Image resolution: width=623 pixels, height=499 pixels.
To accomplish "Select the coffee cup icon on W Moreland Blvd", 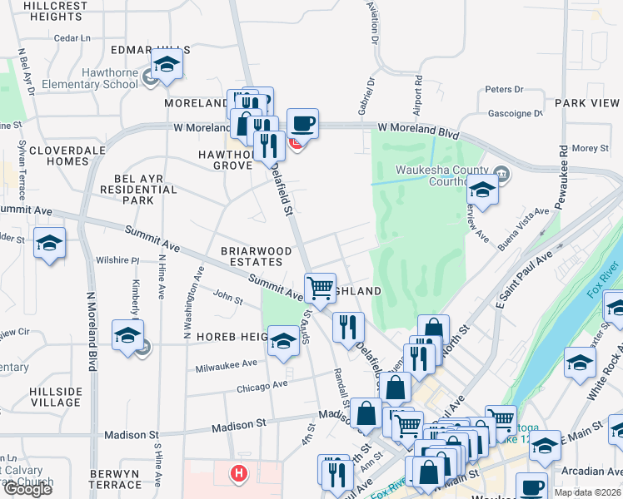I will click(x=302, y=125).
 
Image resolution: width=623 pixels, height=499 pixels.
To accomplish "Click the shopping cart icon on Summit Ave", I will click(x=320, y=289).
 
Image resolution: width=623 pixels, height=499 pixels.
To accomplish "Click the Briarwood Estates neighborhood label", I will click(x=256, y=256).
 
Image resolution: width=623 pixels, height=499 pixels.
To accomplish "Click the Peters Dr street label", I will click(x=503, y=89).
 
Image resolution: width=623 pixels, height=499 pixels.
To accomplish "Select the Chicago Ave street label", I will click(x=262, y=386).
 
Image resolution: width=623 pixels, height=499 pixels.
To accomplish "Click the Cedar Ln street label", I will click(x=72, y=38).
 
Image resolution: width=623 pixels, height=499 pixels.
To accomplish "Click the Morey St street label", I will click(x=591, y=148).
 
